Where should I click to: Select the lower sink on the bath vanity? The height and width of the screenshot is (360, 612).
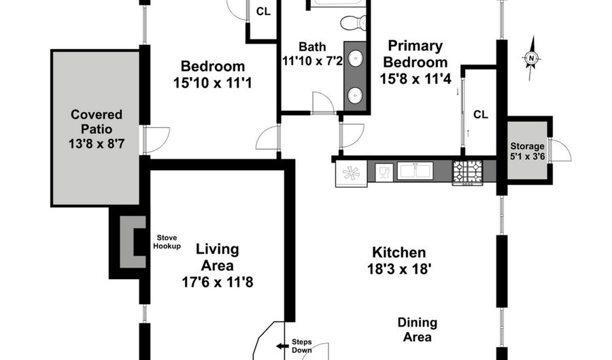[356, 95]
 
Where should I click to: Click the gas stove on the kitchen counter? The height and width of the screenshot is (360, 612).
[468, 171]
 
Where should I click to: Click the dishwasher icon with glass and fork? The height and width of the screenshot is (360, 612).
[383, 171]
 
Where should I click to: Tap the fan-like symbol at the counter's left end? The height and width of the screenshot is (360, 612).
[351, 172]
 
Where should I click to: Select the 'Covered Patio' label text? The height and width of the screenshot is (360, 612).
[97, 121]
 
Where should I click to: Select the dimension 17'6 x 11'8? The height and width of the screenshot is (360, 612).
[217, 282]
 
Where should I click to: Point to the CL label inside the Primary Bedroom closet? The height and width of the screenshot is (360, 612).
[480, 114]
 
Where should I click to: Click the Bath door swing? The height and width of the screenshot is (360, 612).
[322, 103]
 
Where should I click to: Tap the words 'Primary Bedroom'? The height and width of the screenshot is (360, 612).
[415, 54]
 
